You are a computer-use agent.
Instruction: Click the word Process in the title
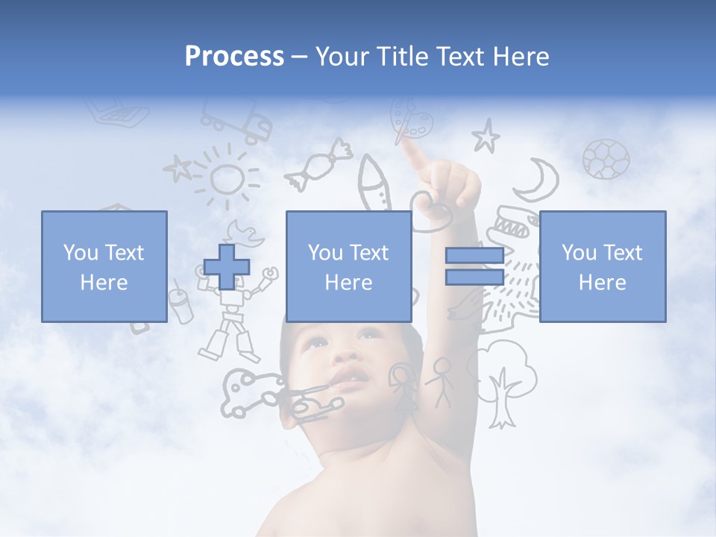[x=234, y=57]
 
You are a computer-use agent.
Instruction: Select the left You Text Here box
[x=104, y=266]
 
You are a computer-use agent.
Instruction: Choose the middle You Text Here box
[x=349, y=266]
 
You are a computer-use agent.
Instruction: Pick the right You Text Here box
[x=603, y=266]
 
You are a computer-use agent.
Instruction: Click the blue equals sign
[x=474, y=267]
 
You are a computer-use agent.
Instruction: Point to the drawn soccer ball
[x=606, y=159]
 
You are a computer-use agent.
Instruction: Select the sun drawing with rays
[x=227, y=177]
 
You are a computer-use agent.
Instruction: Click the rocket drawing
[x=374, y=183]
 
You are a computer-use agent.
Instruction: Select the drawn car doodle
[x=242, y=392]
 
